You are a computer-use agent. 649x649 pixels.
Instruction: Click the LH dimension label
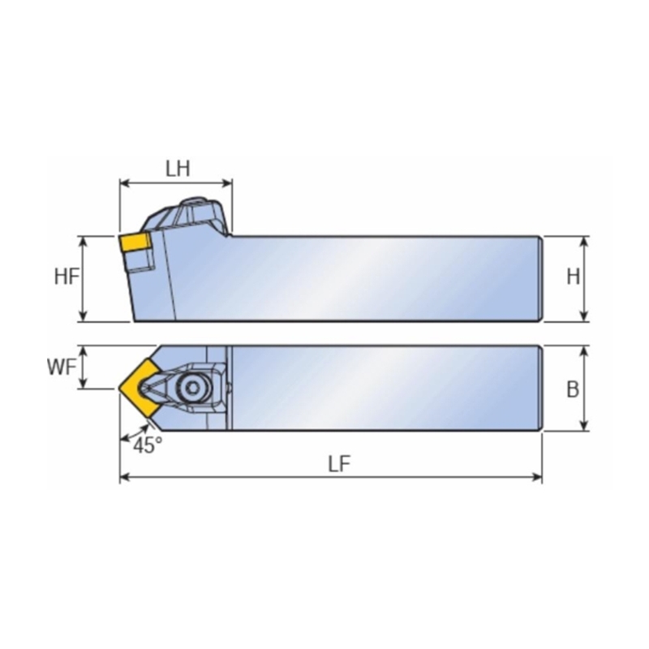[177, 169]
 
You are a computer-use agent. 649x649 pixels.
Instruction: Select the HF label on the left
[67, 277]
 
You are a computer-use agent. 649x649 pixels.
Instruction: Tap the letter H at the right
[573, 277]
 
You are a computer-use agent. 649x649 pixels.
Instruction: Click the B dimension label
[573, 389]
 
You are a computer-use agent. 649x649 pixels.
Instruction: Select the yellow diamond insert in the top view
[140, 389]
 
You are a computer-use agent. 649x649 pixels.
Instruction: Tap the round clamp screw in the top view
[194, 389]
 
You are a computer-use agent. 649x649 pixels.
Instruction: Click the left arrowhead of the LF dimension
[124, 478]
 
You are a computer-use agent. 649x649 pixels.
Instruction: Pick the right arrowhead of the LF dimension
[538, 478]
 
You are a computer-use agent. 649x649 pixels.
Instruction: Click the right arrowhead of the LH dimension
[228, 183]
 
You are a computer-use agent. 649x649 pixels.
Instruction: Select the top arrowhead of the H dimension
[585, 241]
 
